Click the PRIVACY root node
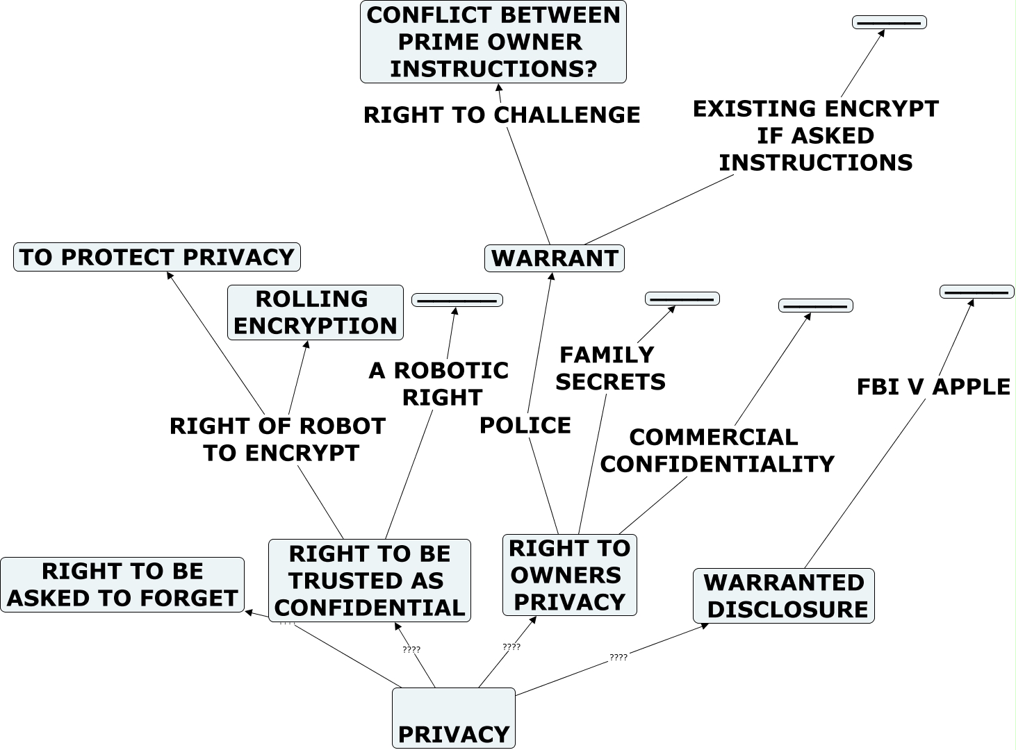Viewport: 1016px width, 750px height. click(454, 718)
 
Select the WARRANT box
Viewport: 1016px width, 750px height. click(555, 258)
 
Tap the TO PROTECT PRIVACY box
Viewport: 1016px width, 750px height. click(157, 257)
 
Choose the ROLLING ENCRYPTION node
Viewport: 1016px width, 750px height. click(316, 312)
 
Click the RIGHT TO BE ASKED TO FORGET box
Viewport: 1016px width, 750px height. click(122, 585)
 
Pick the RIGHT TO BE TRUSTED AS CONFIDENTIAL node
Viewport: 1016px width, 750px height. click(370, 581)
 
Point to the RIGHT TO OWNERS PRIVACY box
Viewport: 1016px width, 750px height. click(570, 575)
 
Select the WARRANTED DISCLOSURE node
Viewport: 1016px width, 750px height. click(784, 596)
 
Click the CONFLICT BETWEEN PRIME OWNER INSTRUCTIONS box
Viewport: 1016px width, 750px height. click(493, 42)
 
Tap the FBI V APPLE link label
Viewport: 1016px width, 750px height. click(933, 387)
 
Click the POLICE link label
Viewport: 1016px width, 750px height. click(525, 425)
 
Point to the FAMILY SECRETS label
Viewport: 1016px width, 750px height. click(610, 368)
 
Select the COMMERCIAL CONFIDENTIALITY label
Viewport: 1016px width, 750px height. click(717, 450)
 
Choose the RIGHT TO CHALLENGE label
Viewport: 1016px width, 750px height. click(502, 115)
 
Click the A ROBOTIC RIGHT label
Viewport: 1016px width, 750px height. click(439, 383)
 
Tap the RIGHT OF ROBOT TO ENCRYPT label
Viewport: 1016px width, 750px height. click(278, 439)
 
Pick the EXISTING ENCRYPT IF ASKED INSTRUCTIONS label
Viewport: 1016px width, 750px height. click(816, 135)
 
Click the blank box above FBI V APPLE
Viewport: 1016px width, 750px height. click(976, 292)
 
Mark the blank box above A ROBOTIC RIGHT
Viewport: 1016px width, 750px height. click(457, 300)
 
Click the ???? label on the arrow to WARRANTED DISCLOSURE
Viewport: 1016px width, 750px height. click(618, 657)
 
